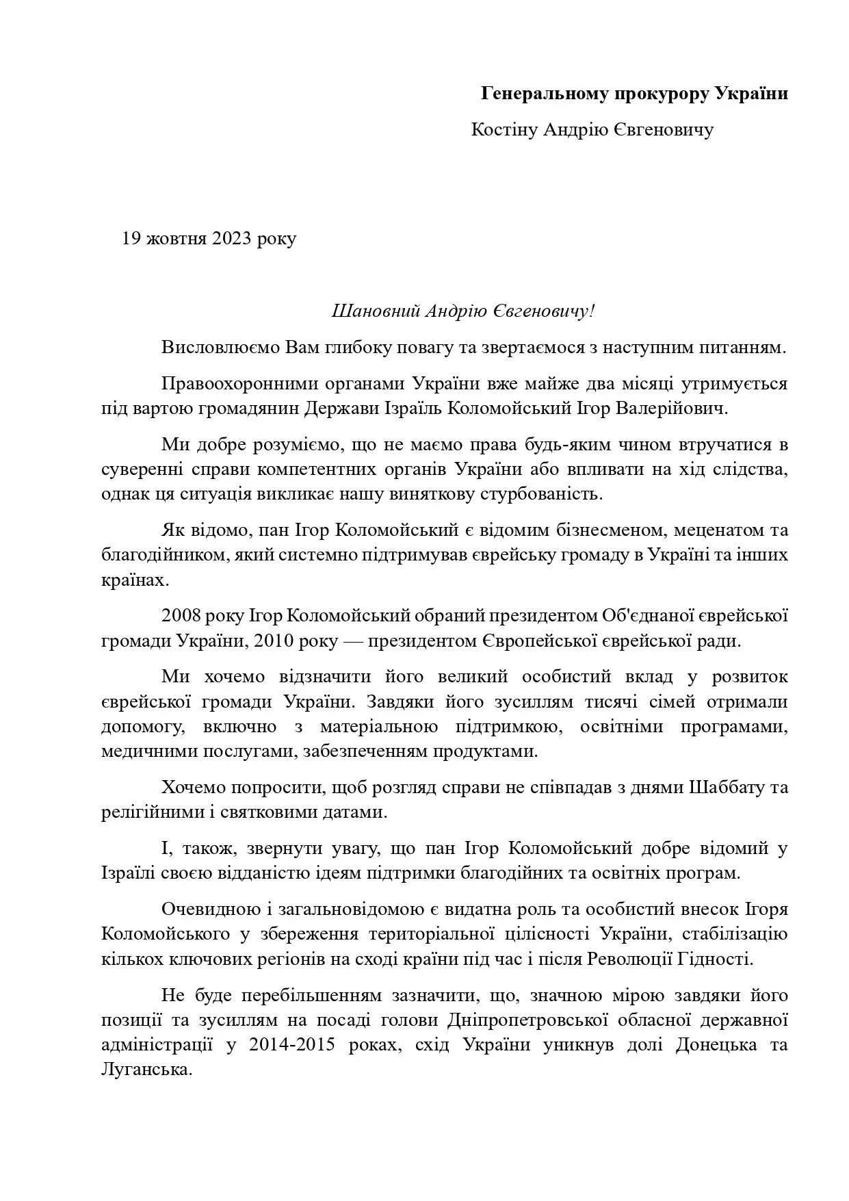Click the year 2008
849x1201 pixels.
point(182,615)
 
